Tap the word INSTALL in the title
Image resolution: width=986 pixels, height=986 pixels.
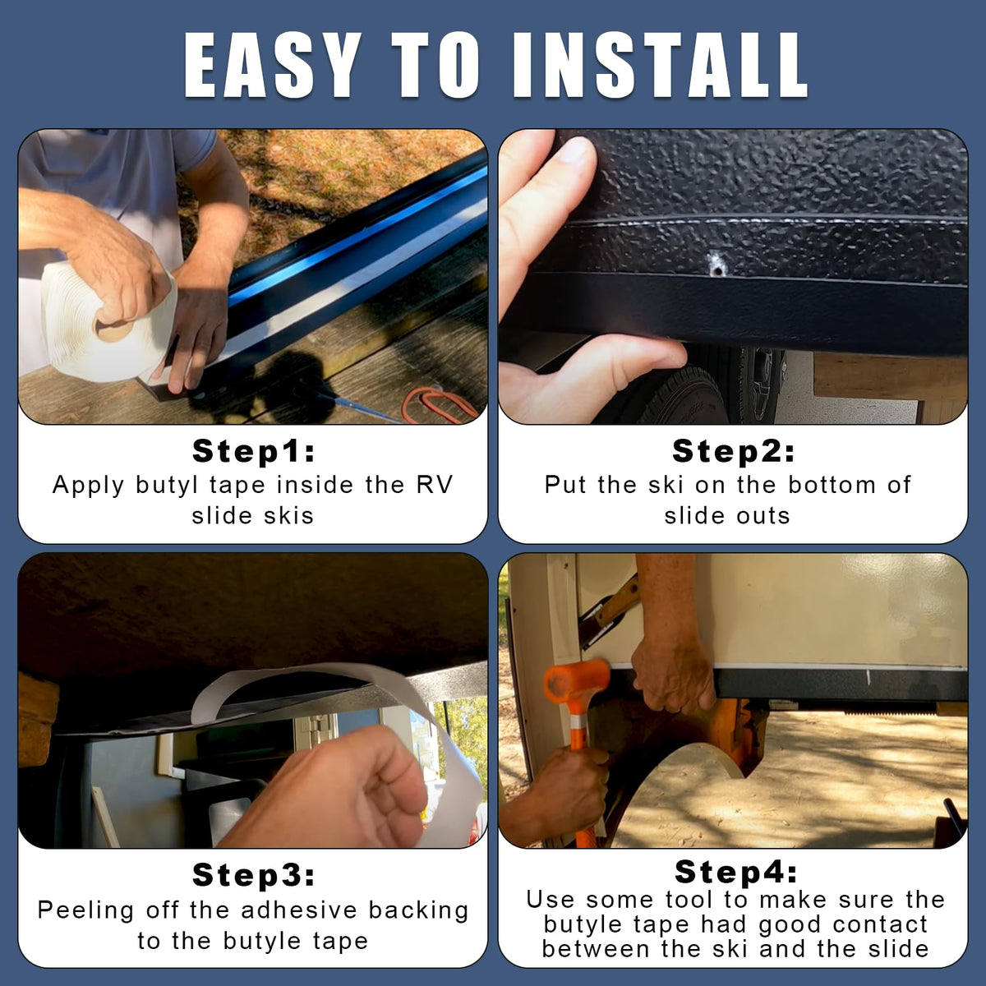(660, 65)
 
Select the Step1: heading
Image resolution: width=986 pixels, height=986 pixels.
(253, 451)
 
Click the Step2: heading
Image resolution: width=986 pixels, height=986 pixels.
(733, 451)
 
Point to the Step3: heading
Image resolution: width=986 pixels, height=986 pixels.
(253, 874)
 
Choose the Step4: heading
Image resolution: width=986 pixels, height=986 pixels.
(735, 872)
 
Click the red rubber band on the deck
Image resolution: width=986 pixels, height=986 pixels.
(440, 404)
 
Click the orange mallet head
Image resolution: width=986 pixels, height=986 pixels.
(577, 682)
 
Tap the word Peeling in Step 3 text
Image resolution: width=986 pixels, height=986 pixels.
(86, 910)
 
